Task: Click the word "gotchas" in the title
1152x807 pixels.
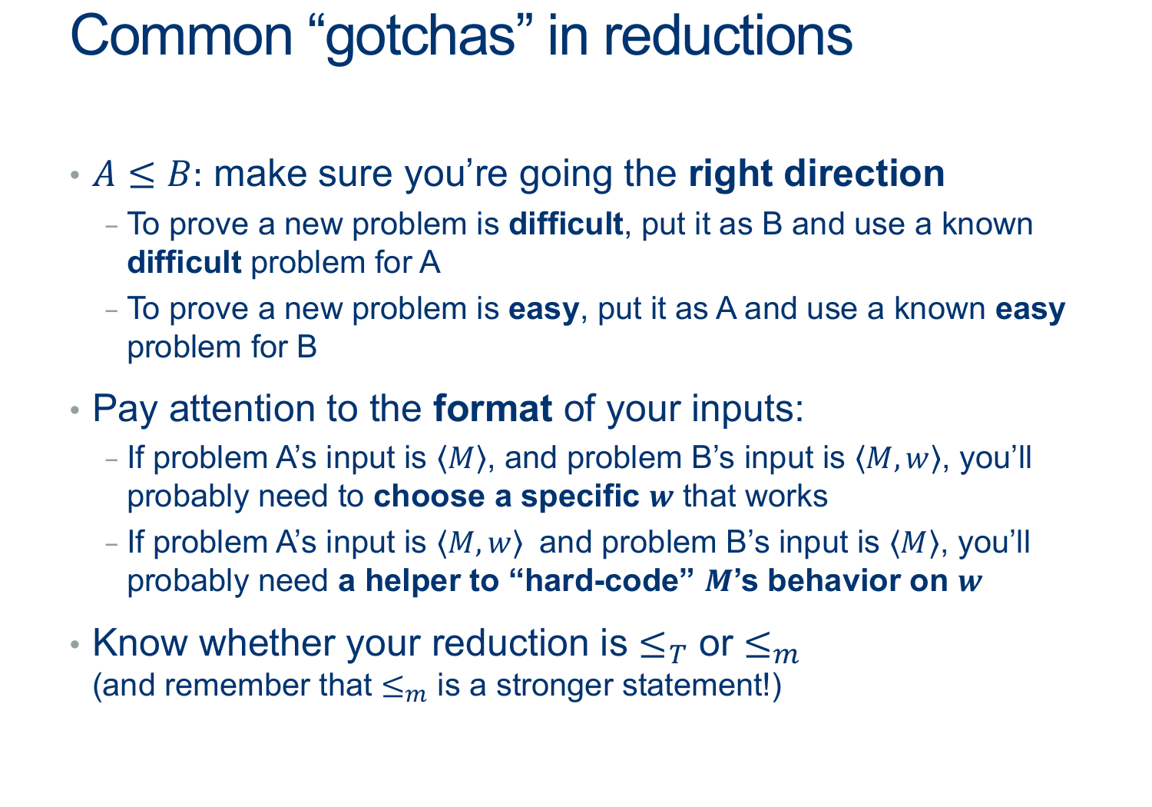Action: coord(420,38)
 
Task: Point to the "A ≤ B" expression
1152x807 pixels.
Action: coord(141,174)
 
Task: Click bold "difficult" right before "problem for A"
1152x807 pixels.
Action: coord(184,262)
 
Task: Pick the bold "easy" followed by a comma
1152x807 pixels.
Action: coord(544,310)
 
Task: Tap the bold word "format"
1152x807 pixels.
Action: coord(493,409)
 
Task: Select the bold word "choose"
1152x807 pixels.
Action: coord(429,496)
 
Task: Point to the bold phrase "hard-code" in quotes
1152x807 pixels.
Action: coord(601,580)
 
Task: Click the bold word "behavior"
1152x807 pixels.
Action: coord(857,580)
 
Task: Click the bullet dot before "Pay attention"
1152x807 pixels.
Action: coord(75,410)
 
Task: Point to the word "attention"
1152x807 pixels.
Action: coord(242,409)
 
